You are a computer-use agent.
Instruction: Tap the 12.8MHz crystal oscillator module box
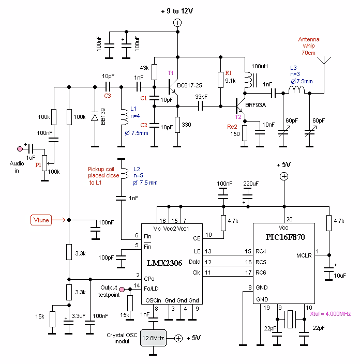[x=153, y=338]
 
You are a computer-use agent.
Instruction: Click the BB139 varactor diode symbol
[x=95, y=117]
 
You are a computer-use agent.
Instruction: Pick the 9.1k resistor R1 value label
[x=230, y=81]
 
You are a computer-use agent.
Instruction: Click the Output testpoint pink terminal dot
[x=122, y=290]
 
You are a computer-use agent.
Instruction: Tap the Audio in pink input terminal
[x=20, y=148]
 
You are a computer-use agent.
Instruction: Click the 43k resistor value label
[x=144, y=68]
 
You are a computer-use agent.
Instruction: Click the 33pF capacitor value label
[x=202, y=96]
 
